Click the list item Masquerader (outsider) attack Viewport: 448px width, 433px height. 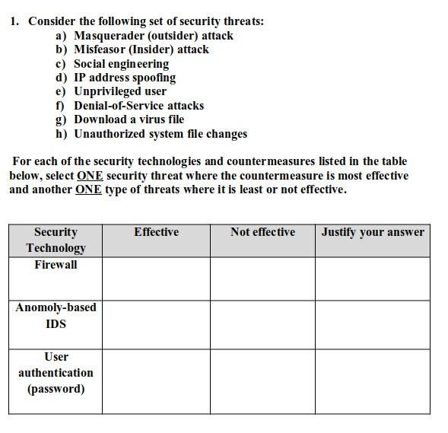click(153, 36)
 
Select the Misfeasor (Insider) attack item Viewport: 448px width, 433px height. click(141, 49)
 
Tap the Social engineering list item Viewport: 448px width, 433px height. click(121, 64)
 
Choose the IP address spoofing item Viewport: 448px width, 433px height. click(124, 78)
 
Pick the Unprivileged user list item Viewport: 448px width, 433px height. click(119, 91)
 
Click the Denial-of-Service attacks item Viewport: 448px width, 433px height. click(138, 106)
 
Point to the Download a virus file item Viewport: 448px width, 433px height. click(129, 119)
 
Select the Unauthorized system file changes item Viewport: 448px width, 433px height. click(160, 134)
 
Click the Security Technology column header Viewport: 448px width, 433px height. click(56, 240)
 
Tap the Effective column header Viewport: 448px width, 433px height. click(156, 232)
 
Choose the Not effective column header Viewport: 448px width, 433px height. click(262, 232)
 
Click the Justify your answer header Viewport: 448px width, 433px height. click(373, 232)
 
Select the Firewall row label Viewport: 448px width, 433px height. click(56, 265)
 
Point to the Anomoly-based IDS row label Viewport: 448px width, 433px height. click(56, 315)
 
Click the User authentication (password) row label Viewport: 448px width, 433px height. click(56, 373)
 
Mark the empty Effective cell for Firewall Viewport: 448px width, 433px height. click(156, 279)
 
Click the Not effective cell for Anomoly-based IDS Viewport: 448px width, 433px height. click(262, 325)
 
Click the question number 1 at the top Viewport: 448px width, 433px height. click(14, 21)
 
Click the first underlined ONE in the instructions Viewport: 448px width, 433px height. click(89, 176)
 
